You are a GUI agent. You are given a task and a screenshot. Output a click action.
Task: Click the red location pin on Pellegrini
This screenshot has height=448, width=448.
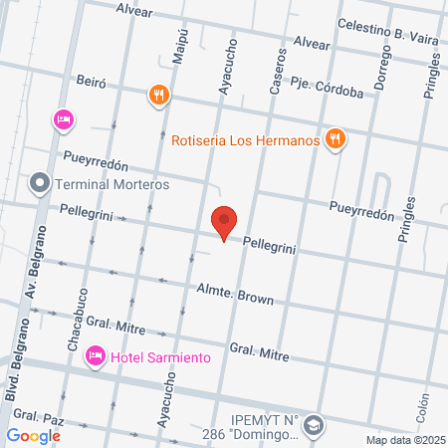click(224, 221)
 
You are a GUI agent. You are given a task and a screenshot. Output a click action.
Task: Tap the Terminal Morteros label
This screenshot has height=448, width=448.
click(112, 184)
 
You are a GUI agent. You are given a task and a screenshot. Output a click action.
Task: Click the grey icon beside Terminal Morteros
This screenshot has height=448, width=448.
click(40, 183)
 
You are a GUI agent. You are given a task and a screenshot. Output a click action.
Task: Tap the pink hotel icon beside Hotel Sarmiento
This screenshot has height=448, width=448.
click(96, 355)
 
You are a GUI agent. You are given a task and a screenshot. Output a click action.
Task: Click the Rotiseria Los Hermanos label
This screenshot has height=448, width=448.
click(244, 140)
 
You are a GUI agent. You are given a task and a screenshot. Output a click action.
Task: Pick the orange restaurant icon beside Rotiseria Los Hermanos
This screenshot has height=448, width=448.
click(336, 139)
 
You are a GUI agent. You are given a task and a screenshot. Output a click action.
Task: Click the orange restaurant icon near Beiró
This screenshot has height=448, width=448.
click(158, 96)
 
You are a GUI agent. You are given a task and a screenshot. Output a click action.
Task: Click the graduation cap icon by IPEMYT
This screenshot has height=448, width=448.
click(315, 425)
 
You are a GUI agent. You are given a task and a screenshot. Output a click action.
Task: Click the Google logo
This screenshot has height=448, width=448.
click(34, 435)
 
